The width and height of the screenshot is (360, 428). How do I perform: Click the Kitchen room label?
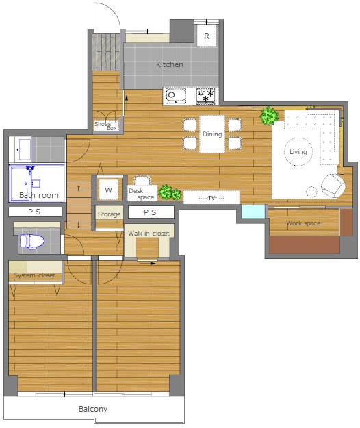point(169,64)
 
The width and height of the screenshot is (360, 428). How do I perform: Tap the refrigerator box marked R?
point(207,36)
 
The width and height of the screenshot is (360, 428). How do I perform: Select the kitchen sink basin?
point(175,95)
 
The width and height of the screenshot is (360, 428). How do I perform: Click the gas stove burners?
point(206,96)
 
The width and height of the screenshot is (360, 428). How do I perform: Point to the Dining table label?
point(212,134)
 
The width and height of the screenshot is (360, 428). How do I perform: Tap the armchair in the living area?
point(333,186)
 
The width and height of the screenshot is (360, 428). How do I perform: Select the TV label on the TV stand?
point(211,198)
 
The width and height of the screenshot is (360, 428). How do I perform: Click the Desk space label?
point(141,194)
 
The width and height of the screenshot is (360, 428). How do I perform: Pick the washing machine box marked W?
point(108,190)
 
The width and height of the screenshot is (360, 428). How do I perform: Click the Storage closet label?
point(109,214)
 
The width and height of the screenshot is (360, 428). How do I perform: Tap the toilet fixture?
point(31,241)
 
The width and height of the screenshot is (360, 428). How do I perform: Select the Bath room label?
point(39,195)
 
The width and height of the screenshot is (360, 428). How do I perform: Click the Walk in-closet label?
point(149,234)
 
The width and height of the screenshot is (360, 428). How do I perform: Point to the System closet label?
point(34,275)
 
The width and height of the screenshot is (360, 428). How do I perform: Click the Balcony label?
point(93,409)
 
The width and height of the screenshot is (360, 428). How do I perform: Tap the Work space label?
point(303,223)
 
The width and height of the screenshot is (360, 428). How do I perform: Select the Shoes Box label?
point(106,126)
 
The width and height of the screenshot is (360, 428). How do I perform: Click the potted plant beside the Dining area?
point(269,116)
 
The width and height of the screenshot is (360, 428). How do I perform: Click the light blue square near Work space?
point(253,212)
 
